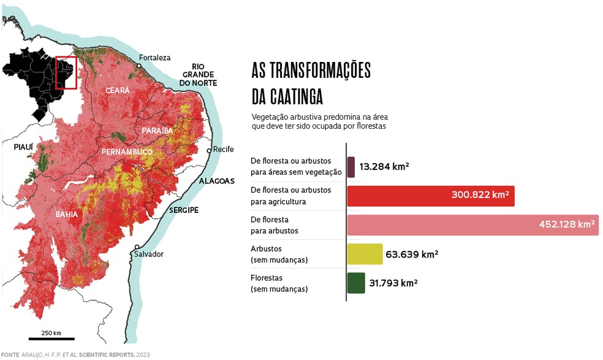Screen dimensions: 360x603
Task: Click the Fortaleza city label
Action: (154, 58)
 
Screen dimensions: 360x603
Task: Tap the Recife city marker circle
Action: (209, 150)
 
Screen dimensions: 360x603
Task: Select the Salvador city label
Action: (150, 254)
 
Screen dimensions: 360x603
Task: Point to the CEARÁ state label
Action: (118, 90)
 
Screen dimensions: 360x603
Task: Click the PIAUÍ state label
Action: (23, 147)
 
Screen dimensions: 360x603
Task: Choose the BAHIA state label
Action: (67, 215)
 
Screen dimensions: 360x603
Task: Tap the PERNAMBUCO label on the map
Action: (127, 151)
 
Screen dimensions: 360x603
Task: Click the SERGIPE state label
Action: (184, 210)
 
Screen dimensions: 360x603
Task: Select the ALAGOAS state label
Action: (216, 181)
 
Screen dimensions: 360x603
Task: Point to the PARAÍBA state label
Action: (157, 131)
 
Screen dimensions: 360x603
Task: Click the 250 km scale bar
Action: (51, 339)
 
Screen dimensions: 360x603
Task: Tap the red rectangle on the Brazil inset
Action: (66, 73)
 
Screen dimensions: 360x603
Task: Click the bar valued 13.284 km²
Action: (351, 167)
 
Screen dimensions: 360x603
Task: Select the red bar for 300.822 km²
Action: (430, 196)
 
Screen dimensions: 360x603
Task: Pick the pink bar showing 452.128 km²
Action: (472, 224)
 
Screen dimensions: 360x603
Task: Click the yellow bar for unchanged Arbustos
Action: (365, 254)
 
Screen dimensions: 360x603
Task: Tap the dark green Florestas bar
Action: (356, 283)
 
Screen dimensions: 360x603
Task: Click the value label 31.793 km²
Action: (393, 283)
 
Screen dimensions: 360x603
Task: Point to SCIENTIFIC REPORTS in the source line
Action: (107, 354)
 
